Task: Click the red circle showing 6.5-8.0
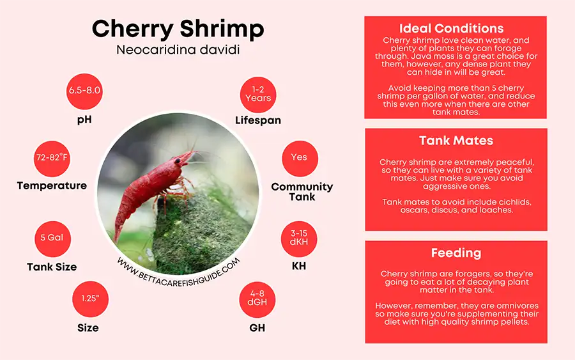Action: point(85,90)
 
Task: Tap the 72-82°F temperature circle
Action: point(52,157)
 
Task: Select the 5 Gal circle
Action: point(52,237)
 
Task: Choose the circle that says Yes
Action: point(299,157)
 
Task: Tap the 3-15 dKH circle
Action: point(299,238)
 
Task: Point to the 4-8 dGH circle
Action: point(257,298)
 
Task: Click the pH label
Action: point(84,119)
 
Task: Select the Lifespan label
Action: point(257,120)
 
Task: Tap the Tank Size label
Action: point(52,267)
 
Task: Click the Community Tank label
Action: point(302,191)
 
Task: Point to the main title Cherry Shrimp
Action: point(178,29)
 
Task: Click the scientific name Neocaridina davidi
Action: point(178,50)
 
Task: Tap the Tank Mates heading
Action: point(456,140)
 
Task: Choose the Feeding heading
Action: point(456,253)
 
